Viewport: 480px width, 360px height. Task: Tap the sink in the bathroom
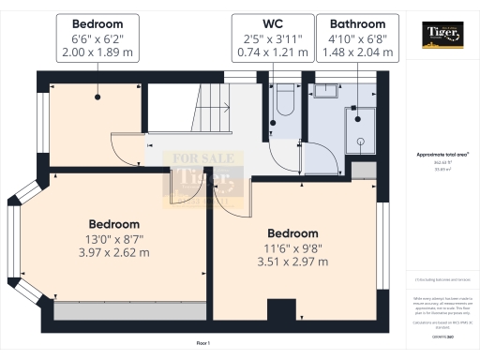pos(327,92)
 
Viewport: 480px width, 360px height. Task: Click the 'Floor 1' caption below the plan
pos(202,344)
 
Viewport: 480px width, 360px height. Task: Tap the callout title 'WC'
pos(272,22)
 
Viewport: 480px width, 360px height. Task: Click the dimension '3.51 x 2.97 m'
pos(292,262)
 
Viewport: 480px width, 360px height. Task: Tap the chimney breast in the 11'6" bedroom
pos(280,312)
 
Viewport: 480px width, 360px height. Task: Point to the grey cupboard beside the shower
pos(363,170)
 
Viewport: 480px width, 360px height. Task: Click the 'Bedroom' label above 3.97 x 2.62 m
pos(114,224)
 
